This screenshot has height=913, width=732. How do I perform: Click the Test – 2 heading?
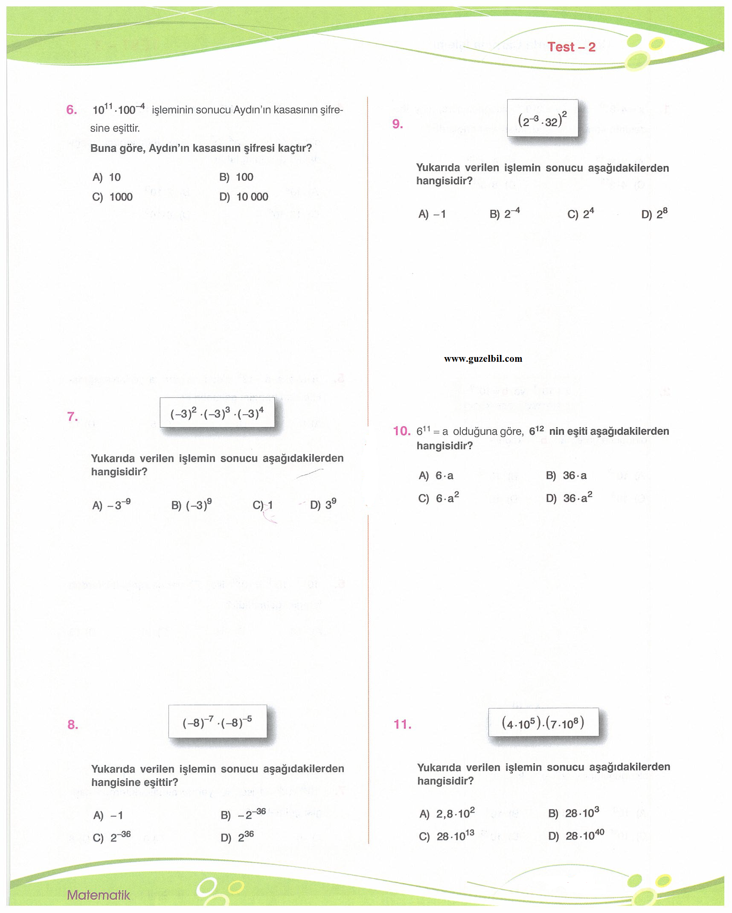(x=571, y=47)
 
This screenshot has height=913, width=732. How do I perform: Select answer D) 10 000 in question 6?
(x=244, y=197)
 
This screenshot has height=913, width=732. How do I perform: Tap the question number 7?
(x=73, y=416)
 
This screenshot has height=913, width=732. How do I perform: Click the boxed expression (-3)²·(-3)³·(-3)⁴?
(x=217, y=413)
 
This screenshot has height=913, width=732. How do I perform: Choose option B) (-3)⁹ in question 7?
(x=192, y=505)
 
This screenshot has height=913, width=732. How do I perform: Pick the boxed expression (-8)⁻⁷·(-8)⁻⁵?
(x=217, y=722)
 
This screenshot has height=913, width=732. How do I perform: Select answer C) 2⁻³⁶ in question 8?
(x=112, y=837)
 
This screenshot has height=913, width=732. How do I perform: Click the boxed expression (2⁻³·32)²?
(x=542, y=119)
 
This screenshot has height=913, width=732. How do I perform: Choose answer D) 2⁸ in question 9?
(x=654, y=214)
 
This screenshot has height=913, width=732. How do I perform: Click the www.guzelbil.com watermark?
(x=483, y=359)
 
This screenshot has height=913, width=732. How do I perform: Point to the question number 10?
(x=401, y=431)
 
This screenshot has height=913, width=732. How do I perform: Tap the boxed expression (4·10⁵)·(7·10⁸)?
(x=543, y=723)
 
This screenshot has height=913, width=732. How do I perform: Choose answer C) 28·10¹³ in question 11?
(x=447, y=836)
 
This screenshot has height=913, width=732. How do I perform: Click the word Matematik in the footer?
(x=98, y=895)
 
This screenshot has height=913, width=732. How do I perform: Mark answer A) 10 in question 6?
(x=107, y=177)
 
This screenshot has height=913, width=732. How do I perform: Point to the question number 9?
(x=398, y=124)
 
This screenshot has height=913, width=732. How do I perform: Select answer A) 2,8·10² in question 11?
(x=447, y=813)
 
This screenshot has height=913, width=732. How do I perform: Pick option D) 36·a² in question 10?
(x=569, y=498)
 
